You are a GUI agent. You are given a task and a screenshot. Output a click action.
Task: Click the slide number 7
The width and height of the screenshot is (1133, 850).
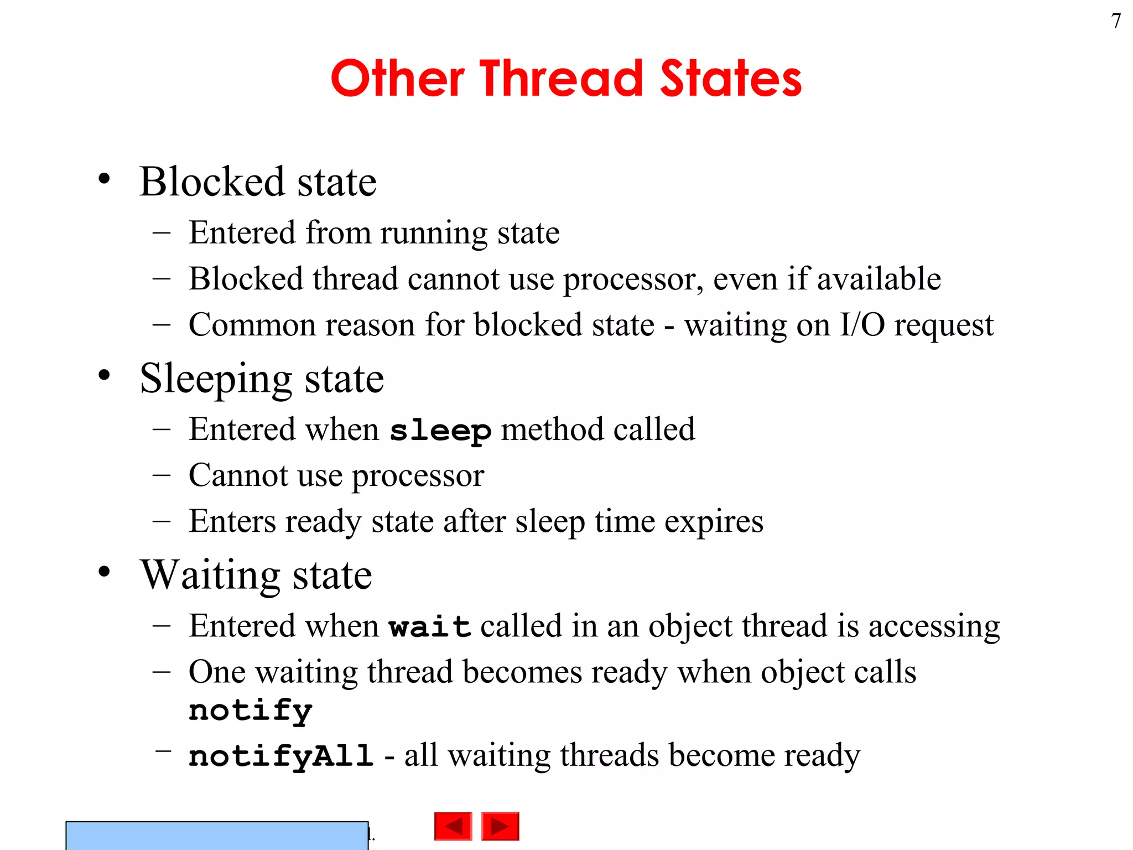[1116, 22]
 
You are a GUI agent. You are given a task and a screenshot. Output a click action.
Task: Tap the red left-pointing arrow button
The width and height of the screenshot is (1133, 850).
[453, 826]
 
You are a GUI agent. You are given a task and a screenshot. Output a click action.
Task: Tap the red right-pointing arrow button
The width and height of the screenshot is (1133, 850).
[500, 826]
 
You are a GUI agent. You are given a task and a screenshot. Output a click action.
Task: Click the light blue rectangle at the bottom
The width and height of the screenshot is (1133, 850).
[217, 835]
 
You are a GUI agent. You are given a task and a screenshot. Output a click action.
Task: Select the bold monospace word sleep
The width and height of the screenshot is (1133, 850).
[440, 431]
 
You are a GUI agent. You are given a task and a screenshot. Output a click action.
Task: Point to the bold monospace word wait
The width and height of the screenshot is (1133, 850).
[430, 627]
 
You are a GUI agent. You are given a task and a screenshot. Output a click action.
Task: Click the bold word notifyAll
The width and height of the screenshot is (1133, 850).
[281, 756]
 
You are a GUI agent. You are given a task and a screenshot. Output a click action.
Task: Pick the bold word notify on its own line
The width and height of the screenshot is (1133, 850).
[251, 711]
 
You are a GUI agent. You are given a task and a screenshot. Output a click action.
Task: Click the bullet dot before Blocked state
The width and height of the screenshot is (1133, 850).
[104, 179]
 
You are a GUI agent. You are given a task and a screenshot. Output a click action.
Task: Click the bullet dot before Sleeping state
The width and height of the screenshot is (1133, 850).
[104, 375]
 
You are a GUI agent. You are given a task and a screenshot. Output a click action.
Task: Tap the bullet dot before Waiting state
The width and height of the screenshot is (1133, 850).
[104, 572]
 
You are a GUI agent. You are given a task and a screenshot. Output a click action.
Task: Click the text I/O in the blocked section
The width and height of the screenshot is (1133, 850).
[862, 325]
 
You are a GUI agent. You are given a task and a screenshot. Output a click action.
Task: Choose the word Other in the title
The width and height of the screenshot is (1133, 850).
[397, 79]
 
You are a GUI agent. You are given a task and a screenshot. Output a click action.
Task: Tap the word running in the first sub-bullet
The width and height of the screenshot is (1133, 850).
[434, 234]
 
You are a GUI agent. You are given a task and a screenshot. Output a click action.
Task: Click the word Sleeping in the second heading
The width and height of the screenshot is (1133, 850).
[216, 379]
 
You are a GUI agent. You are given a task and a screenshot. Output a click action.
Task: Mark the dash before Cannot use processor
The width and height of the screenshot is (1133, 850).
[162, 475]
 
